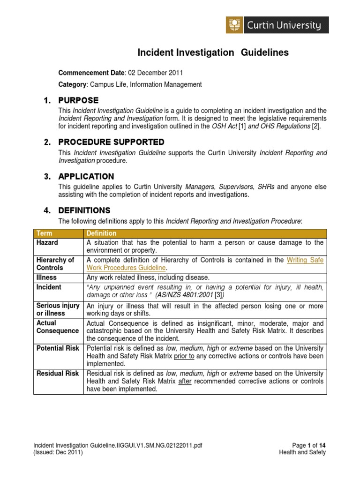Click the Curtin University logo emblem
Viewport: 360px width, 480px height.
(x=233, y=25)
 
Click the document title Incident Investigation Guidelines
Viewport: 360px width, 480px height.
(x=212, y=53)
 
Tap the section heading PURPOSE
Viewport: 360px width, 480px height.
(x=78, y=100)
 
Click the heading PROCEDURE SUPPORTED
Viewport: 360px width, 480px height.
(x=111, y=142)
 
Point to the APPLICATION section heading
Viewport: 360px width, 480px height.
(x=86, y=177)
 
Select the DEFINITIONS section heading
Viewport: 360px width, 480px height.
(x=84, y=210)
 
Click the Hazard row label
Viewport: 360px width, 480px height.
(x=47, y=242)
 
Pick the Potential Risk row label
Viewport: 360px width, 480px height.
(x=58, y=348)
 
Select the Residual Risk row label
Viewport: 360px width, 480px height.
(x=58, y=373)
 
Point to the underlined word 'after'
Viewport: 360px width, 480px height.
(x=186, y=381)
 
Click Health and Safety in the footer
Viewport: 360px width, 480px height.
(x=302, y=452)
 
